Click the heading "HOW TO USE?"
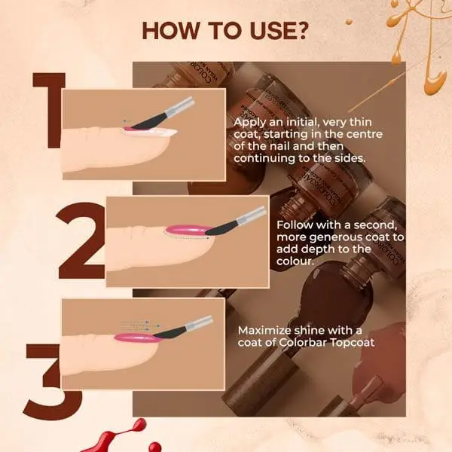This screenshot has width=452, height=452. click(225, 31)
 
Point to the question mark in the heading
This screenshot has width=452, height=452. click(302, 31)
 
